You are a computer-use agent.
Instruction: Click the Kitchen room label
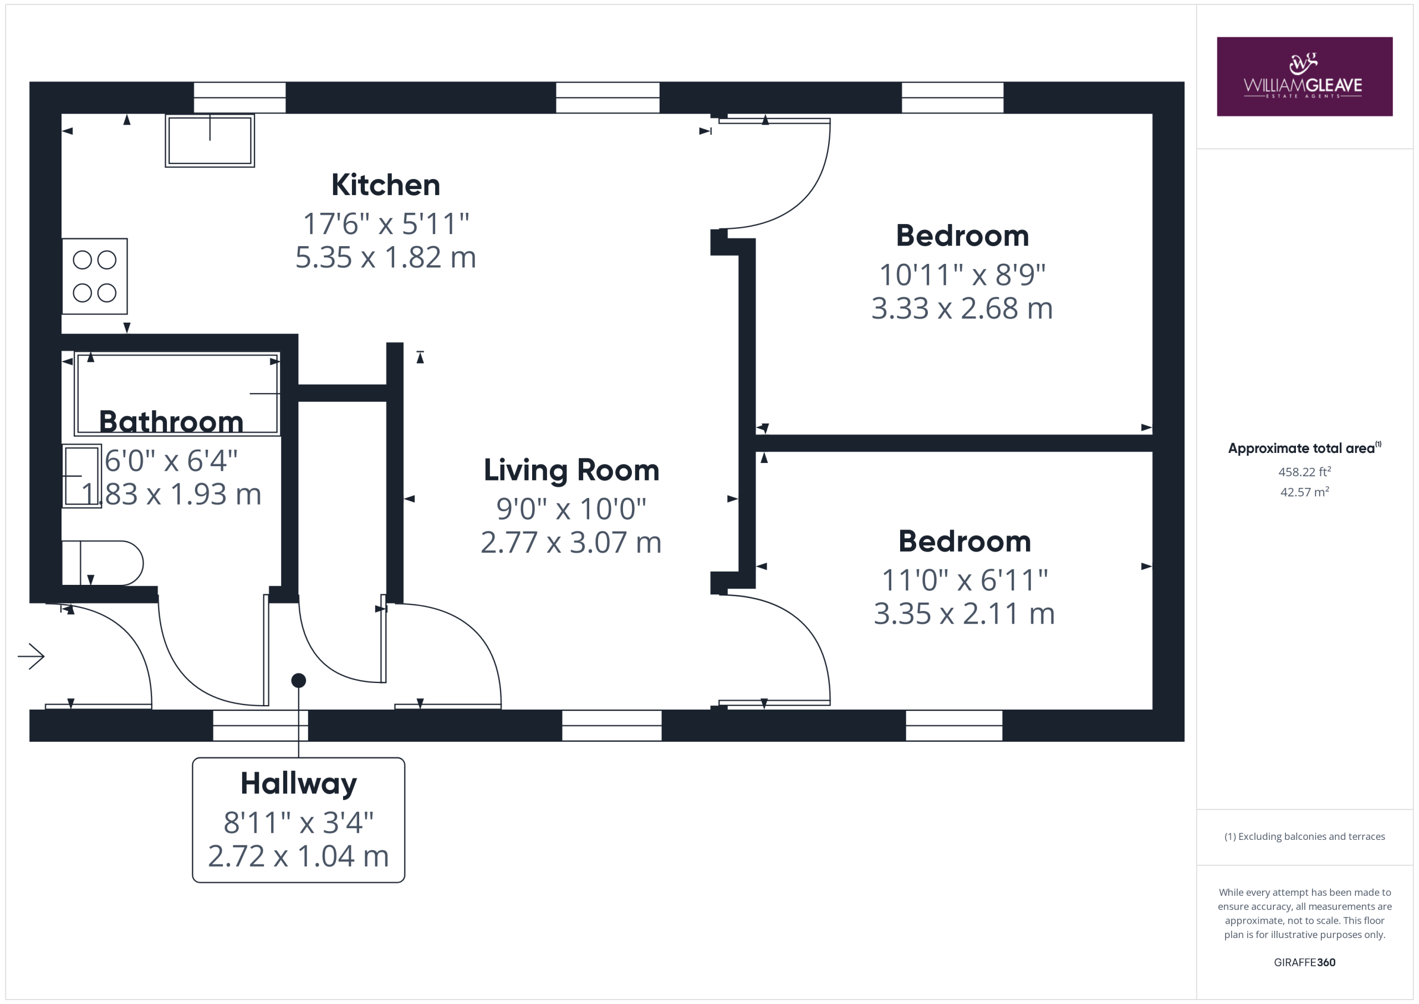point(386,185)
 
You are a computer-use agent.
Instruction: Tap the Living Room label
point(571,471)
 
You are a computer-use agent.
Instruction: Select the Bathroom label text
point(171,422)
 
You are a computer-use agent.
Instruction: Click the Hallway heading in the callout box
point(299,784)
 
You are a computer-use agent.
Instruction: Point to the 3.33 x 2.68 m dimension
point(962,308)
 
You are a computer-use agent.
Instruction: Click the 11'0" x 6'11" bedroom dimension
point(964,580)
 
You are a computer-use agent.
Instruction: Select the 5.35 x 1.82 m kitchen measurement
point(386,257)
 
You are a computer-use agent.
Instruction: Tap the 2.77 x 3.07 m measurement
point(571,542)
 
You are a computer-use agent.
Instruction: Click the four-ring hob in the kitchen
point(95,276)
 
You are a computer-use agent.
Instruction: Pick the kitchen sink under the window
point(210,140)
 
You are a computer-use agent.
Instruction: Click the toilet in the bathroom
point(103,563)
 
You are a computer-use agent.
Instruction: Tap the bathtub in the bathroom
point(177,394)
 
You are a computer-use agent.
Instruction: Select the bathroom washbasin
point(81,476)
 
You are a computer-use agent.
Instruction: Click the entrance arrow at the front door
point(31,656)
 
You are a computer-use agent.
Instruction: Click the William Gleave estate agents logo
point(1304,77)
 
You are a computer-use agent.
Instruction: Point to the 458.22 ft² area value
point(1304,472)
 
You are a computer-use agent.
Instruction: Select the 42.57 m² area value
point(1304,492)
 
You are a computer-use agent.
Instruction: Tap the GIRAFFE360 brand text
point(1304,962)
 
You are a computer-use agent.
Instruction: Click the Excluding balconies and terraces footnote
point(1304,837)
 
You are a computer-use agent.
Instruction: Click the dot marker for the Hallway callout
point(299,681)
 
